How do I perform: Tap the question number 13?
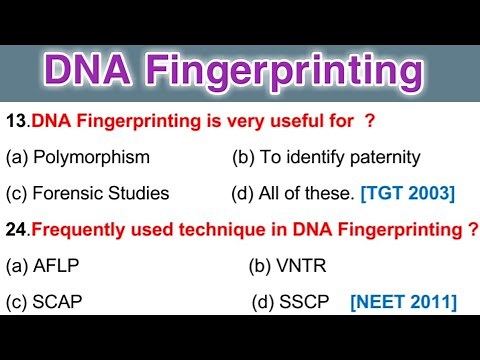(x=16, y=122)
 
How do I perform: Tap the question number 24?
(x=16, y=229)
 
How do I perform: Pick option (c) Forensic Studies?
(x=87, y=193)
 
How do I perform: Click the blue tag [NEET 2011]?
(x=403, y=301)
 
